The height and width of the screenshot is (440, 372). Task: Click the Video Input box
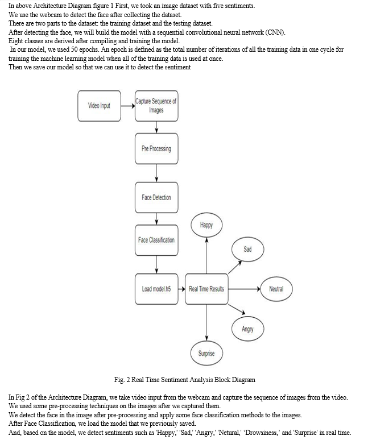click(99, 106)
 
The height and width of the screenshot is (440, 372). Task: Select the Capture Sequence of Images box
click(156, 106)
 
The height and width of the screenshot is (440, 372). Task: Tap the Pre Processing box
click(156, 149)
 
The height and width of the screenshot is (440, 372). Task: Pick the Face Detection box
click(156, 198)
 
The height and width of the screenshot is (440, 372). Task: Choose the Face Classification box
click(156, 240)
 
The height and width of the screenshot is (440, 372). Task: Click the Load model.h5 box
click(156, 289)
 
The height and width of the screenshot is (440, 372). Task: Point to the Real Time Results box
click(206, 289)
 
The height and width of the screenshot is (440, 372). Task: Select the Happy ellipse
click(206, 225)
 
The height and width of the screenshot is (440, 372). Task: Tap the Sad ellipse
click(247, 249)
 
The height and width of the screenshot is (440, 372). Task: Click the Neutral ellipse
click(276, 289)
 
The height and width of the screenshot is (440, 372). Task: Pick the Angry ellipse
click(247, 329)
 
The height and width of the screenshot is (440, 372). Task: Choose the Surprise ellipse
click(206, 353)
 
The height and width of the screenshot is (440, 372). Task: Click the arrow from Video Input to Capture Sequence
click(128, 106)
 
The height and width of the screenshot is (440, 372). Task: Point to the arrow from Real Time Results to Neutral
click(244, 289)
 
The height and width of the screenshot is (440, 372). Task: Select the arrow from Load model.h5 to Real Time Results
click(181, 289)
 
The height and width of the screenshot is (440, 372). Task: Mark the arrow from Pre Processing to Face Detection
click(156, 173)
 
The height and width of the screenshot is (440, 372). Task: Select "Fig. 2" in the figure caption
click(122, 380)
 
